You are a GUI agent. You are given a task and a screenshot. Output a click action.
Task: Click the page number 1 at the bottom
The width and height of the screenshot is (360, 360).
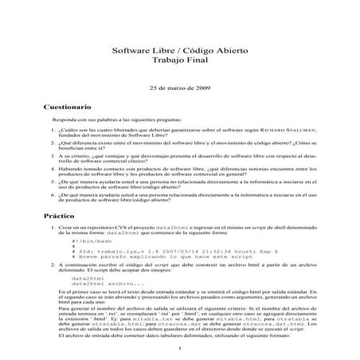point(180,348)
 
